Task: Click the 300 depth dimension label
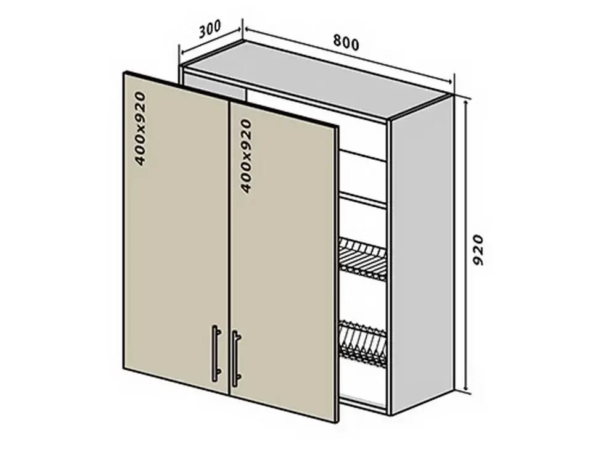[x=210, y=29]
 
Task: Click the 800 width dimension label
[x=346, y=43]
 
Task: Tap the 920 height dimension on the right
[x=478, y=250]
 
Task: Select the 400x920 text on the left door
[x=141, y=128]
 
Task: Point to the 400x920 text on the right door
[x=246, y=155]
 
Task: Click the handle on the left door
[x=216, y=353]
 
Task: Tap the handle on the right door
[x=236, y=357]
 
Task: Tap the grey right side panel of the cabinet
[x=422, y=255]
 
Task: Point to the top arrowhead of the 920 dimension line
[x=465, y=104]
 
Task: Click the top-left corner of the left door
[x=124, y=73]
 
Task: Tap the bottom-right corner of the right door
[x=337, y=422]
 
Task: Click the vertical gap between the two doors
[x=229, y=247]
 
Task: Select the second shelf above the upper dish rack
[x=362, y=201]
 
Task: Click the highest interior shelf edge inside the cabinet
[x=362, y=155]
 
